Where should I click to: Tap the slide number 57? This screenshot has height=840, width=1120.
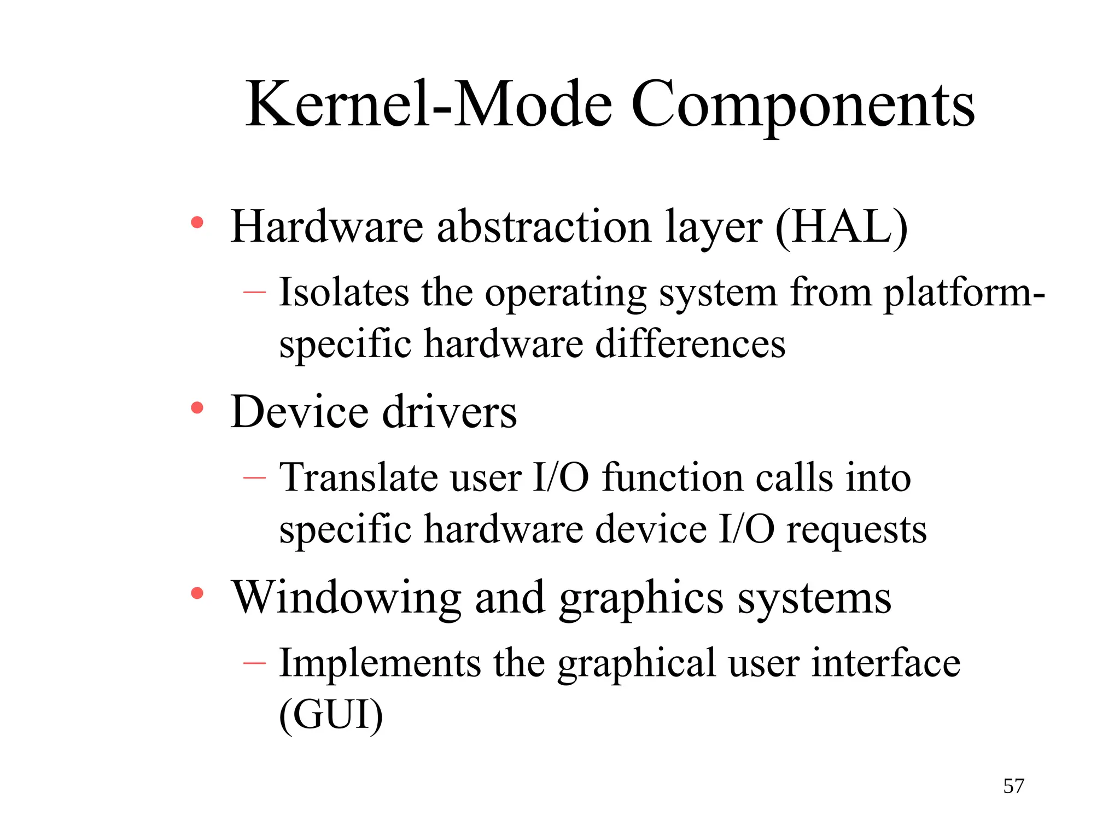1013,786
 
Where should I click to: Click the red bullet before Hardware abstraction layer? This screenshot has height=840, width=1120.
197,223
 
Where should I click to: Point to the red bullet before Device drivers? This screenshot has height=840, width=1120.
197,407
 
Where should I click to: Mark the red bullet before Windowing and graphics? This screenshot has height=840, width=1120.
197,593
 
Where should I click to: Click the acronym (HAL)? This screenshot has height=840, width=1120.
841,227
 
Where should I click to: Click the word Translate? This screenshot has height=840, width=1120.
358,477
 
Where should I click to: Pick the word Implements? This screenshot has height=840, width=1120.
380,663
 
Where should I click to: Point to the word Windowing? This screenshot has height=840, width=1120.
346,598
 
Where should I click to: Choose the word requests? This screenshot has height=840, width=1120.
856,530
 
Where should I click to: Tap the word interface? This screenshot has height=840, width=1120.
885,663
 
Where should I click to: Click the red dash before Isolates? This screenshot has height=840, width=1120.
254,292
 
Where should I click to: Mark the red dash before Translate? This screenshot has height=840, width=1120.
254,477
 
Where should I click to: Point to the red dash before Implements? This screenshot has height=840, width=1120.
254,663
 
